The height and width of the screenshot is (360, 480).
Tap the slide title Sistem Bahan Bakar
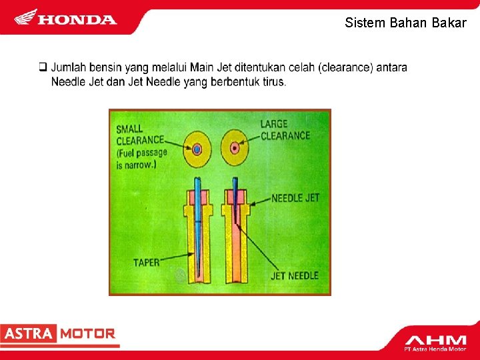[405, 23]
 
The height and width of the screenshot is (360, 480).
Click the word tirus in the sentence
[273, 82]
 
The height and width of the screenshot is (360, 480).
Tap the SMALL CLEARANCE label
[139, 134]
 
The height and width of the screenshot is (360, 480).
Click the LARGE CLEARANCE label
[285, 129]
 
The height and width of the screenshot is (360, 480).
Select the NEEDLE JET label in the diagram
[295, 198]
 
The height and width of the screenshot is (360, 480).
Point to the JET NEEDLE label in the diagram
[295, 275]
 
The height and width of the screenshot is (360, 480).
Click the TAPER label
[146, 262]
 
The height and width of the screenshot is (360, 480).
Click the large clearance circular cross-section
[235, 147]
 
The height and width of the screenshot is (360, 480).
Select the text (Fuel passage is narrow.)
[141, 158]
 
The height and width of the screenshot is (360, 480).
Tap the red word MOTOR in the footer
[88, 334]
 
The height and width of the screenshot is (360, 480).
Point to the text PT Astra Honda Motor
[435, 349]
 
